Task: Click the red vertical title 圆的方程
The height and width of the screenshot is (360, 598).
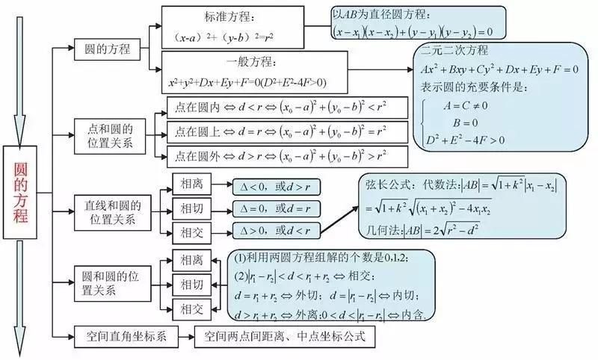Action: tap(21, 192)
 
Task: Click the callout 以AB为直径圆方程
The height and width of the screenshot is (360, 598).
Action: tap(419, 22)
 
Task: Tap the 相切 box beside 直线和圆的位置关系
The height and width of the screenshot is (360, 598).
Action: tap(191, 208)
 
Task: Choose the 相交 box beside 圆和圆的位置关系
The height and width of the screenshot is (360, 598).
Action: tap(191, 308)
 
